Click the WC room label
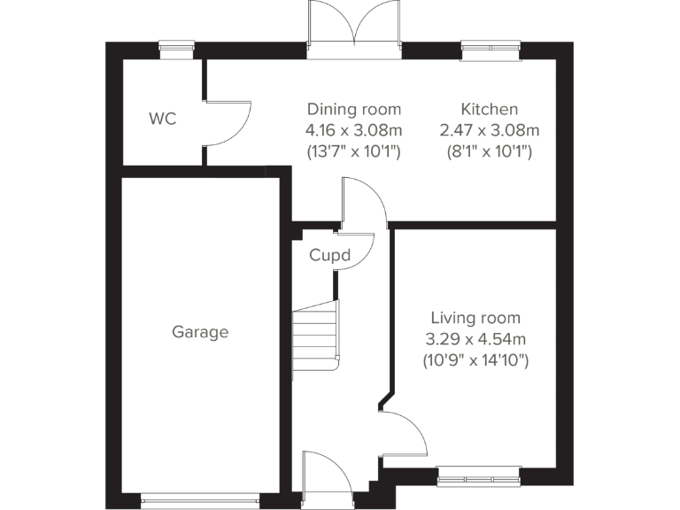coord(162,118)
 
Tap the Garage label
coord(200,332)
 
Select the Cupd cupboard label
coord(329,256)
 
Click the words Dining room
coord(354,109)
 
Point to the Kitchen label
coord(489,109)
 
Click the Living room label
coord(475,318)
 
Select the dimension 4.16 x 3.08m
coord(354,130)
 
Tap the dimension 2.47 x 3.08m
coord(489,130)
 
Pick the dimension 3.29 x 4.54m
coord(475,339)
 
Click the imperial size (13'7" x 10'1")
coord(354,151)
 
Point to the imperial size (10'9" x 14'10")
coord(475,360)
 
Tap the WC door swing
coord(227,124)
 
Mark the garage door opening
coord(200,500)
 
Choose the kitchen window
coord(491,50)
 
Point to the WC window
coord(176,50)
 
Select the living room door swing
coord(403,434)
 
